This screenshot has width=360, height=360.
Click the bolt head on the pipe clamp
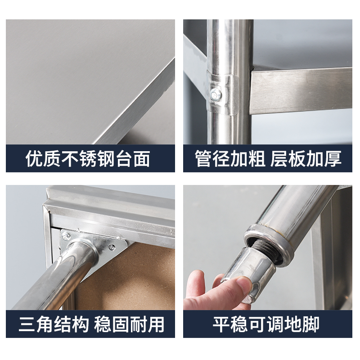pos(216,94)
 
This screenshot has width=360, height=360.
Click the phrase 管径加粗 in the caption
pos(230,159)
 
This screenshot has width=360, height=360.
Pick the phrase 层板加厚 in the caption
pos(306,159)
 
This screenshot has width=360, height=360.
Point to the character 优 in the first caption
pos(35,159)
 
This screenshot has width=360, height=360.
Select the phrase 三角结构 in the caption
pos(53,324)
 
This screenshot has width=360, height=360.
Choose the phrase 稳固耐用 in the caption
pos(129,324)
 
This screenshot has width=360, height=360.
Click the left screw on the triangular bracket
pos(66,235)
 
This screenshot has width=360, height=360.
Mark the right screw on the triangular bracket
pos(112,247)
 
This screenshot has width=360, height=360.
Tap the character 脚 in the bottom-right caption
pos(310,324)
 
